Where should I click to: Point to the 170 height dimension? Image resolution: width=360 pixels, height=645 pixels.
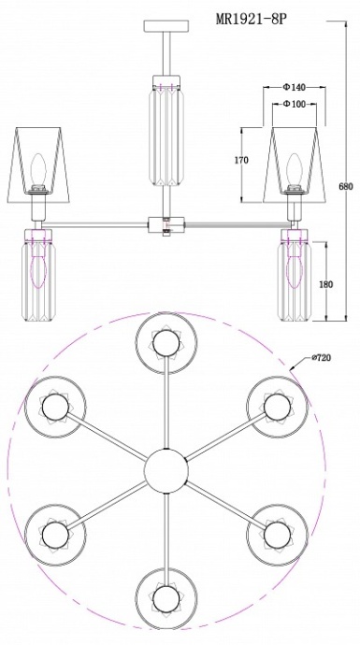tap(241, 161)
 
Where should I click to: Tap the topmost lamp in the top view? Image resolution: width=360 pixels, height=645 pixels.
tap(165, 343)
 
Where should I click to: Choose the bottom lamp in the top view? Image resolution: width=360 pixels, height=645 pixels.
tap(165, 595)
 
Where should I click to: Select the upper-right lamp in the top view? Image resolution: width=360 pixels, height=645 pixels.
tap(277, 407)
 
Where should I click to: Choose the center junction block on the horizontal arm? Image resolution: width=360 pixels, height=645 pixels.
tap(165, 224)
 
